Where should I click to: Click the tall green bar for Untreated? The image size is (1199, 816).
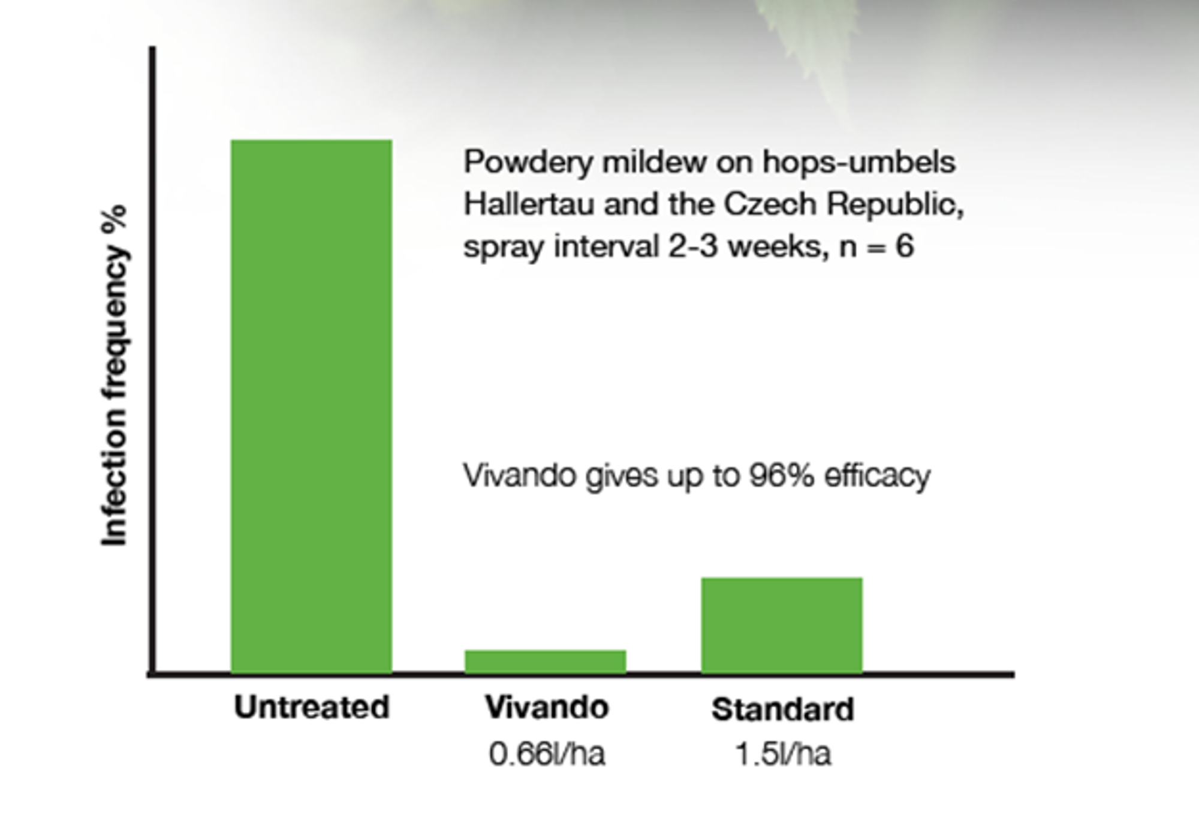(x=312, y=407)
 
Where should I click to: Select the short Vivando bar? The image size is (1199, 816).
(x=546, y=661)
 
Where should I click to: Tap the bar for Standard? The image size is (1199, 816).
(x=782, y=625)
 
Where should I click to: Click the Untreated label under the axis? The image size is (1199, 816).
(x=312, y=707)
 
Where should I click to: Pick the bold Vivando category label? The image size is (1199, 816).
(x=547, y=707)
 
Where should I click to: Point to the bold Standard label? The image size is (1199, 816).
(x=783, y=709)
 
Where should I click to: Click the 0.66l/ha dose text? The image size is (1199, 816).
(x=547, y=754)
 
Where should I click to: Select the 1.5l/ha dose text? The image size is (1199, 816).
(x=783, y=754)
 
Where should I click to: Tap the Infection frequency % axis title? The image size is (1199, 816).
(x=114, y=376)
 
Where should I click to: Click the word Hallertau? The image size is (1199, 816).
(x=529, y=204)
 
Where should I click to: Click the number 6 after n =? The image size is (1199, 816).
(x=905, y=246)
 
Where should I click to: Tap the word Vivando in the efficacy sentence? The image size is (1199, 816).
(x=519, y=476)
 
